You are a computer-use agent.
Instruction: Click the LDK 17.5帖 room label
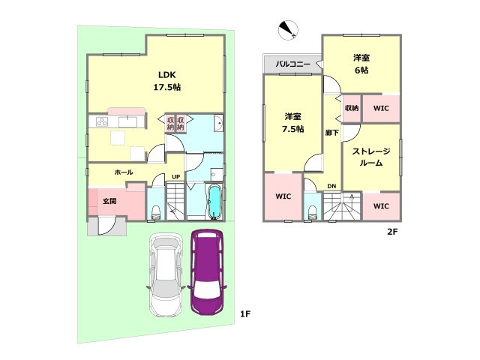tap(166, 81)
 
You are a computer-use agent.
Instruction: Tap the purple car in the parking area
tap(208, 271)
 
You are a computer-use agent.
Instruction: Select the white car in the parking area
tap(166, 275)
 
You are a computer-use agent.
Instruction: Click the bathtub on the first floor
tap(214, 202)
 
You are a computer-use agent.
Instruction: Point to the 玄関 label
tap(109, 201)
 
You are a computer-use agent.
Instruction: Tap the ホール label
tap(124, 172)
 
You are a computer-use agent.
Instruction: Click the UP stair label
tap(175, 177)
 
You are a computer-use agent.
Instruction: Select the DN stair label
tap(331, 186)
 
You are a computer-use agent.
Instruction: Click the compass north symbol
tap(288, 30)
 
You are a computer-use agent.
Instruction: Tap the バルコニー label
tap(293, 64)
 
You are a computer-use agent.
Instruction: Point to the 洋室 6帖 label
tap(361, 64)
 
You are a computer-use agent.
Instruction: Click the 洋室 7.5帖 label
tap(293, 122)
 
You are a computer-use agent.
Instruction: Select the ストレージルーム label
tap(371, 157)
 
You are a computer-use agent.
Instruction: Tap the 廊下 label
tap(331, 133)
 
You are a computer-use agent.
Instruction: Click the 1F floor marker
tap(245, 313)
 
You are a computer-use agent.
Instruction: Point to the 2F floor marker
tap(392, 232)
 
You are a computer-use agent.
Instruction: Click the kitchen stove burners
tap(102, 121)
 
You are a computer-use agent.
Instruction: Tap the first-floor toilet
tap(156, 212)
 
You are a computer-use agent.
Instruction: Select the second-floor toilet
tap(312, 212)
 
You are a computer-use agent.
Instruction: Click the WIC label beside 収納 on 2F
tap(381, 108)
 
